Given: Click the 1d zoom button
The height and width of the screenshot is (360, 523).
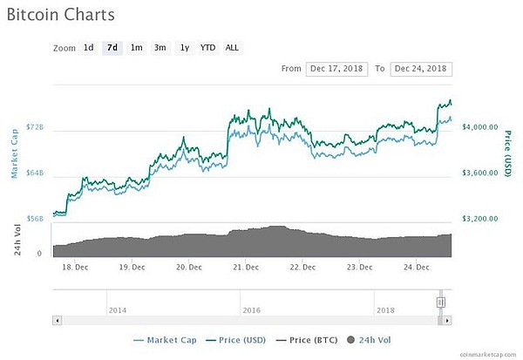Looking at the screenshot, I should point(88,47).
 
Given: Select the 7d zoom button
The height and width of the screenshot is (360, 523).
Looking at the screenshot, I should point(112,47).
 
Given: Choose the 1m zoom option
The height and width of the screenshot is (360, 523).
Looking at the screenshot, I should point(136,47).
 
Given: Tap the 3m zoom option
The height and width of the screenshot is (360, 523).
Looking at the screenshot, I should point(160,47).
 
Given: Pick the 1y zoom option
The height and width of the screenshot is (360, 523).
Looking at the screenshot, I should point(184,47).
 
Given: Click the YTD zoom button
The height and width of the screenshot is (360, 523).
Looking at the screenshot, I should point(207,47).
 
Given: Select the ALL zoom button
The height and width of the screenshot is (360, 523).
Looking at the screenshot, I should point(232,47).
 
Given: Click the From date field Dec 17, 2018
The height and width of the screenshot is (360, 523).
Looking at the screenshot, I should point(336,68).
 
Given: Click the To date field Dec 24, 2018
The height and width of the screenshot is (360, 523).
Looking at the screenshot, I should point(421,68).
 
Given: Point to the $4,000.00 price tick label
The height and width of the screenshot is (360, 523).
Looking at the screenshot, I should point(479,127).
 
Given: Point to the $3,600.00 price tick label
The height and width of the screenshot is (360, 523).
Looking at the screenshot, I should point(479,173).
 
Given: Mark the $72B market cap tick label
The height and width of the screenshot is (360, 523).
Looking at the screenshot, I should point(35,127).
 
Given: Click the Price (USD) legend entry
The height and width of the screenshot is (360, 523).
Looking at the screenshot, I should point(236,340).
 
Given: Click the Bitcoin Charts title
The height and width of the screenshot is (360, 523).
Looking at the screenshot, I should point(60,15).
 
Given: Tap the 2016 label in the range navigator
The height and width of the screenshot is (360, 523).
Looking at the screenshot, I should point(251,309).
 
